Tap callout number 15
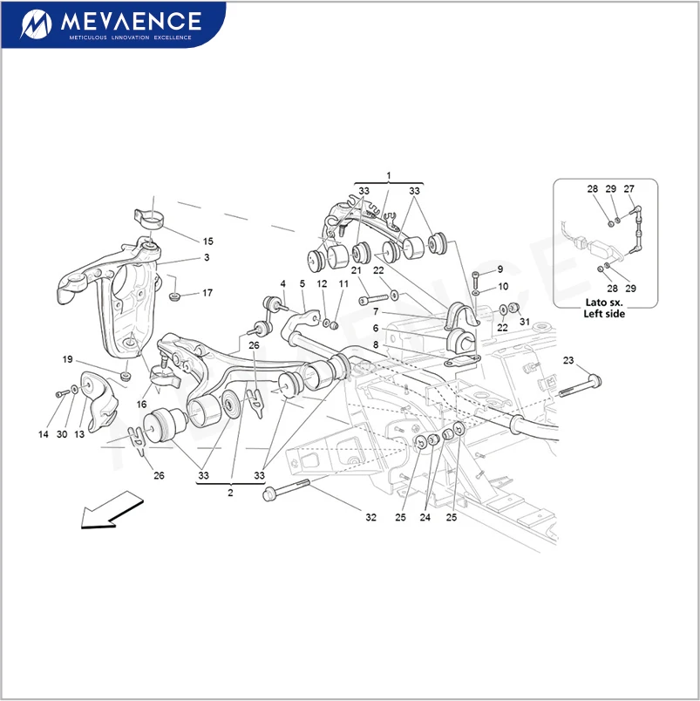207,242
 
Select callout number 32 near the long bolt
370,518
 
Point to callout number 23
568,360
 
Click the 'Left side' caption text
604,314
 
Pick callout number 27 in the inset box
629,189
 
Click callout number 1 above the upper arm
389,176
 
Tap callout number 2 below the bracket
230,493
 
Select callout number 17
207,293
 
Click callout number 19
67,359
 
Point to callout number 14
43,434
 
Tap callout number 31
525,322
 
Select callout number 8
376,345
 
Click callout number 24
425,518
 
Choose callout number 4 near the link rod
283,284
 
